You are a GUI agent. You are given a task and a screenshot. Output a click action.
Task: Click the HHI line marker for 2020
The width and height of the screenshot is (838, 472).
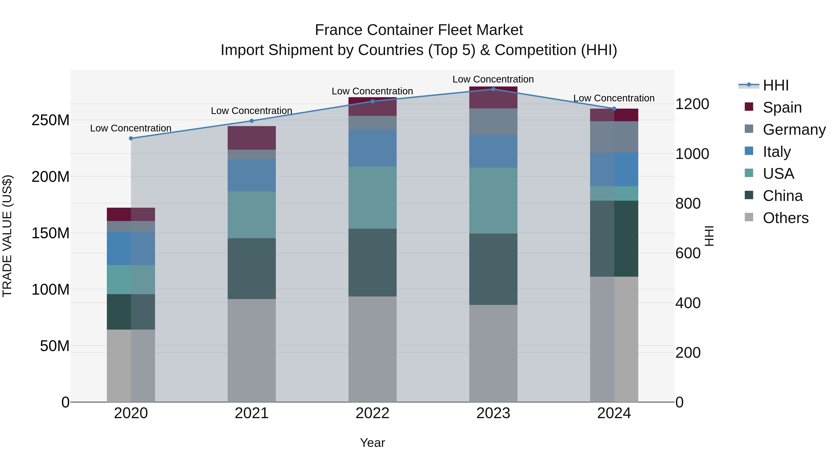click(131, 138)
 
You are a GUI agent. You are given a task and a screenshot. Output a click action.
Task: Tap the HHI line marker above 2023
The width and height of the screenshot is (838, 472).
click(493, 89)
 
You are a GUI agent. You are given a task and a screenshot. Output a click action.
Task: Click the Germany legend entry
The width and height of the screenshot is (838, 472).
click(794, 130)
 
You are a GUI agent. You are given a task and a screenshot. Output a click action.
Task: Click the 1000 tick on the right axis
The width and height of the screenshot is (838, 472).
click(692, 154)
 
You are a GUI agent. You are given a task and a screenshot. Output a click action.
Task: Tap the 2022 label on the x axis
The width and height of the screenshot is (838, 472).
click(372, 413)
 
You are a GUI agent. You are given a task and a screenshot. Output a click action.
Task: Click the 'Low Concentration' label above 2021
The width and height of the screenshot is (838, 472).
click(251, 111)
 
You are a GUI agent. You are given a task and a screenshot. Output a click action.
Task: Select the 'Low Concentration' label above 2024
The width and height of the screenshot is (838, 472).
click(614, 98)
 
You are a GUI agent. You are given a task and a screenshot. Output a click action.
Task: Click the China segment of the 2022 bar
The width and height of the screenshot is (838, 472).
click(372, 262)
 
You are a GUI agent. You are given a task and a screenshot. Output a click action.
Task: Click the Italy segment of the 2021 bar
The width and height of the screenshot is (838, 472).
click(251, 176)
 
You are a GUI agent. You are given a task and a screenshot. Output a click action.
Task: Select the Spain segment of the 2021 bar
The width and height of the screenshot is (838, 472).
click(251, 138)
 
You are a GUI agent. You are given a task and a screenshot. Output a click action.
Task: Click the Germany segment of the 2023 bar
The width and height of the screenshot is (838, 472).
click(493, 121)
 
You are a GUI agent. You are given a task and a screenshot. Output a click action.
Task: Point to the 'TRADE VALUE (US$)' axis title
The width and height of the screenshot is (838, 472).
click(7, 236)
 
